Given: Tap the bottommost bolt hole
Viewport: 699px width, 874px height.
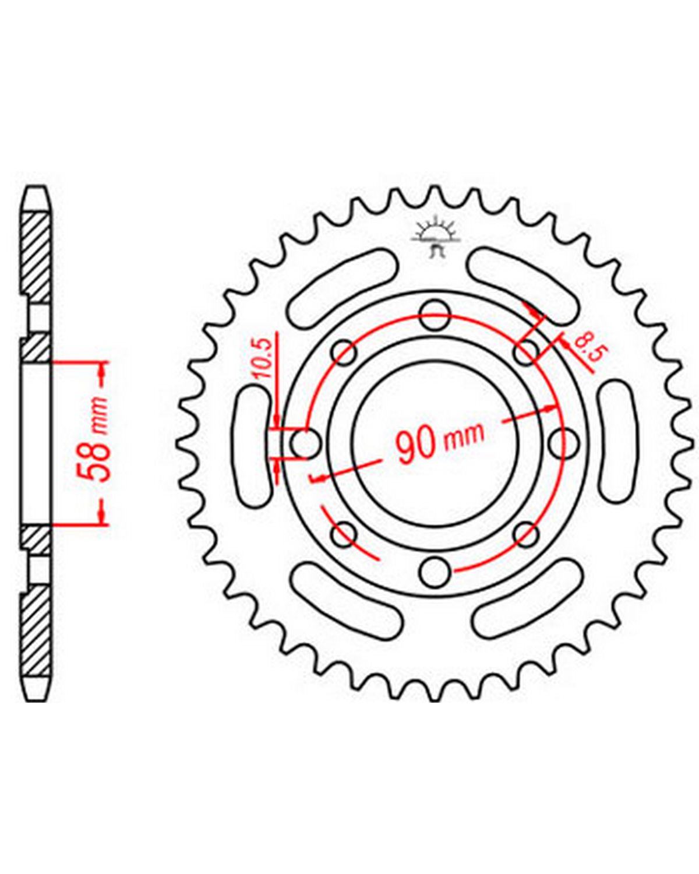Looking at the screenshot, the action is pos(435,572).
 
